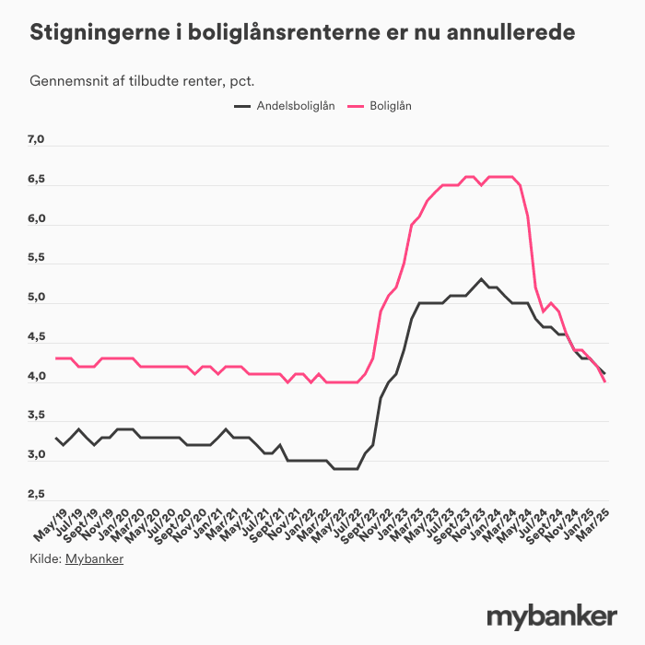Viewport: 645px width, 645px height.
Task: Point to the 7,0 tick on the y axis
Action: click(36, 140)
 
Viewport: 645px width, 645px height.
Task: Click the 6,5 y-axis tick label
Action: click(36, 180)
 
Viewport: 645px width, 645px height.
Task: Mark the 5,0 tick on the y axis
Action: click(36, 298)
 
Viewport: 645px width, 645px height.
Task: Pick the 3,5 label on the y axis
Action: click(36, 416)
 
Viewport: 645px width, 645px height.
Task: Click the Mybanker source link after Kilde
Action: click(94, 558)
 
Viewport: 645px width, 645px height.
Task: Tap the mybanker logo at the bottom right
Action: click(551, 615)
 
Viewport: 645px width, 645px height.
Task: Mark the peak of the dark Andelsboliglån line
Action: click(481, 278)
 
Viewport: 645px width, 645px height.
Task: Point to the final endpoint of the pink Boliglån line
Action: click(604, 381)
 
